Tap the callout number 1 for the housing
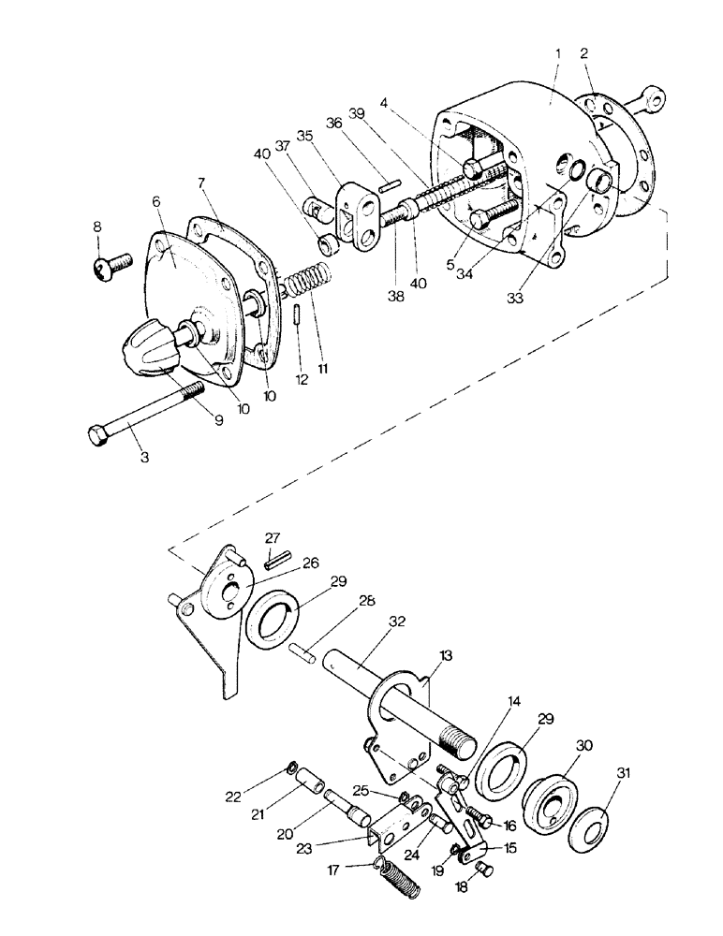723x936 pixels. (x=558, y=53)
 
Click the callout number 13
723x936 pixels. (x=447, y=656)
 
